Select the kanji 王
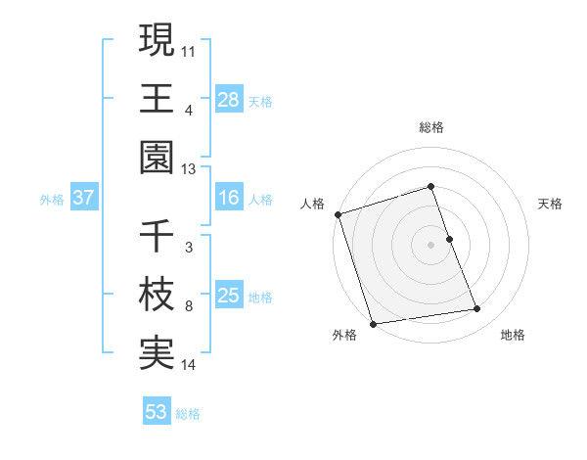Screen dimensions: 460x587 157,99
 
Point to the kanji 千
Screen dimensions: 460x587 157,236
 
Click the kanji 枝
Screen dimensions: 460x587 157,296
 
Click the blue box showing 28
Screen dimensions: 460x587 228,100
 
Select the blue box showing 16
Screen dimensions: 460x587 228,199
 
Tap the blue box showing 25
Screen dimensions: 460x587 228,297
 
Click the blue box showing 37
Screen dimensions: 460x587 83,199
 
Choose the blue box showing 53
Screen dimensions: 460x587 156,412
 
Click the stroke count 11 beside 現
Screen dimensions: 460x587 189,49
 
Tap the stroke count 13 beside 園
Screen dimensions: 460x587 189,169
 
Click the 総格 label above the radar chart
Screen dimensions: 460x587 430,128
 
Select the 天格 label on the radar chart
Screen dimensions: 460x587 551,204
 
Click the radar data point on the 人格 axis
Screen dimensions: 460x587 338,214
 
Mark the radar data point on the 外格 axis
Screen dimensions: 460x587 373,323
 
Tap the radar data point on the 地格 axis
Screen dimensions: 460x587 477,309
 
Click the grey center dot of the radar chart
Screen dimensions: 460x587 430,245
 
